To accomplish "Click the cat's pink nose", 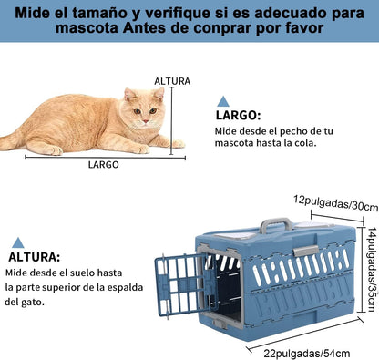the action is tap(146, 121).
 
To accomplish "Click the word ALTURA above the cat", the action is tap(172, 81).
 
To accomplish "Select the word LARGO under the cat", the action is tap(104, 165).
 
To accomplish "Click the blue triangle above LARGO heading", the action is tap(223, 101).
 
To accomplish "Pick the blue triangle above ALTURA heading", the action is tap(18, 242).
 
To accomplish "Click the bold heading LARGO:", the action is tap(238, 116).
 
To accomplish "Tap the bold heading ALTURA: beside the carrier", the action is tap(35, 257).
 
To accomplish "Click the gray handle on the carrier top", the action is tap(276, 224).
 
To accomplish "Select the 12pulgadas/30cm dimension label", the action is tap(335, 203).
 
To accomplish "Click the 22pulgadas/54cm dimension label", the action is tap(307, 354).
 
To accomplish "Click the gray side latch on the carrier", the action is tap(306, 251).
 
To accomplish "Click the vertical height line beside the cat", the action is tap(172, 120).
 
